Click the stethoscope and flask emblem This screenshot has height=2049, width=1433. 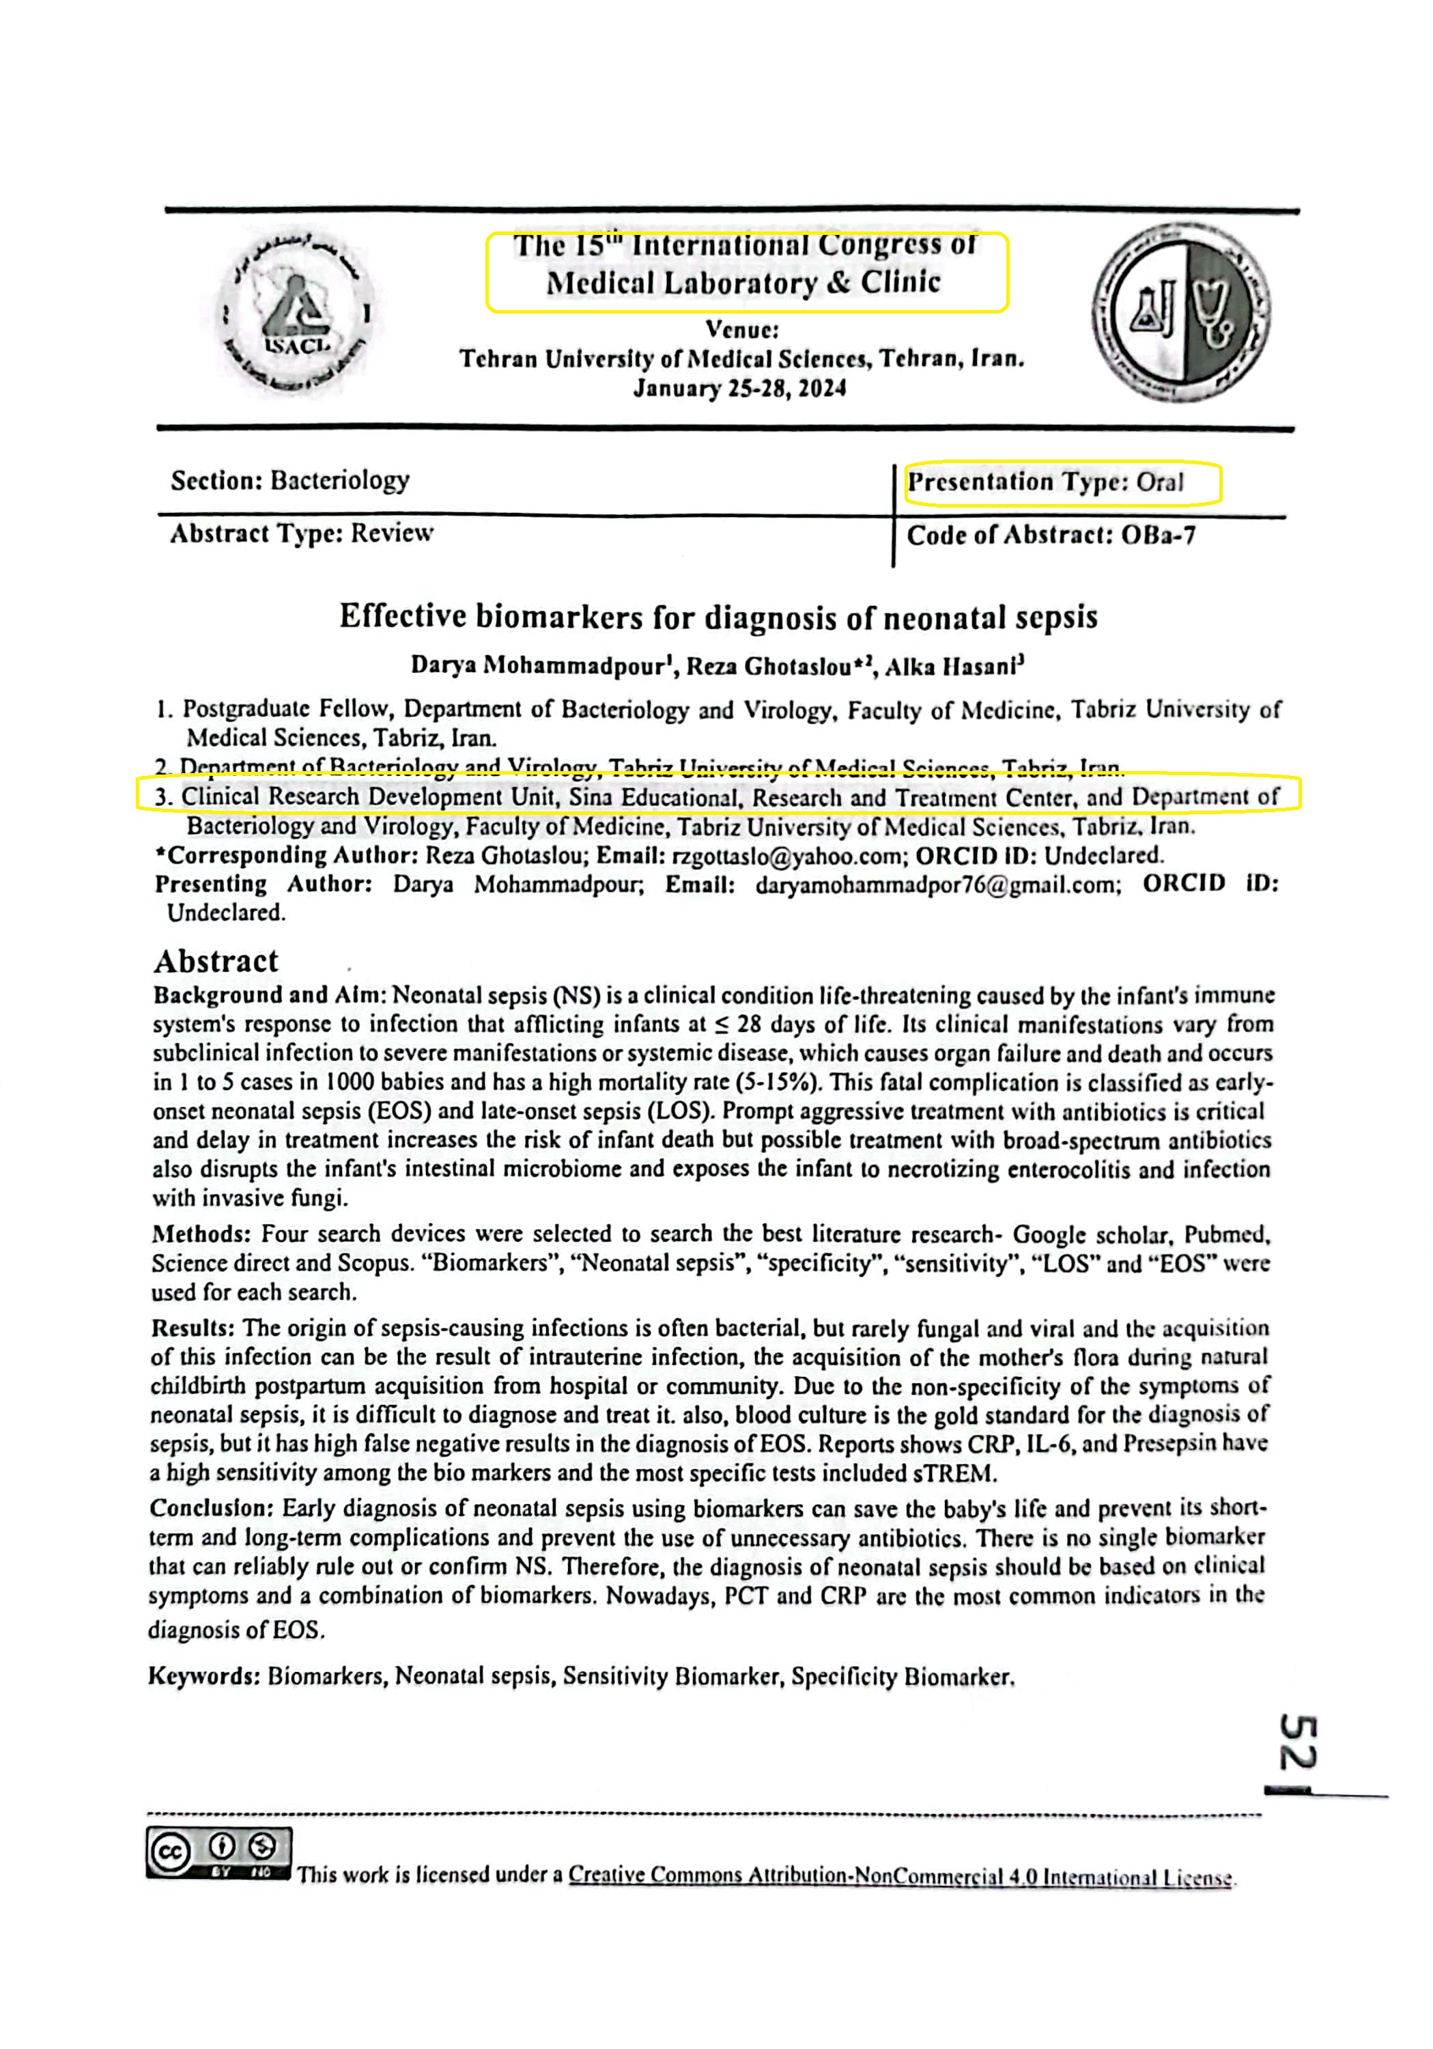pos(1180,313)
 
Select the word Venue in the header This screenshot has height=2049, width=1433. pos(742,330)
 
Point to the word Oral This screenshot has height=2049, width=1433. pos(1159,483)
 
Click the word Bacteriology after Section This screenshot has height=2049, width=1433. pos(340,481)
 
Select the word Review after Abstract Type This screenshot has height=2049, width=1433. pos(392,533)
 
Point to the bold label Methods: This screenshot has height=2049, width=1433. pos(201,1234)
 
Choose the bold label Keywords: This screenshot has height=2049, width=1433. pos(203,1676)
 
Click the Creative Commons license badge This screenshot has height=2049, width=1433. pos(218,1853)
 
